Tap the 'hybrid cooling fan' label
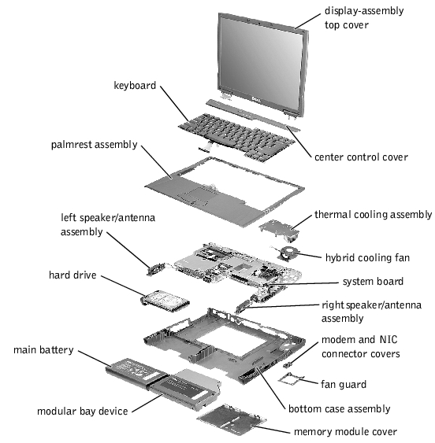click(x=367, y=257)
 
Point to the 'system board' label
click(x=373, y=281)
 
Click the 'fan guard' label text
click(x=344, y=384)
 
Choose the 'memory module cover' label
click(x=345, y=431)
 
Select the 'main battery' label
click(x=44, y=350)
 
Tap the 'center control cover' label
click(x=361, y=157)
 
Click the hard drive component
click(x=166, y=301)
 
